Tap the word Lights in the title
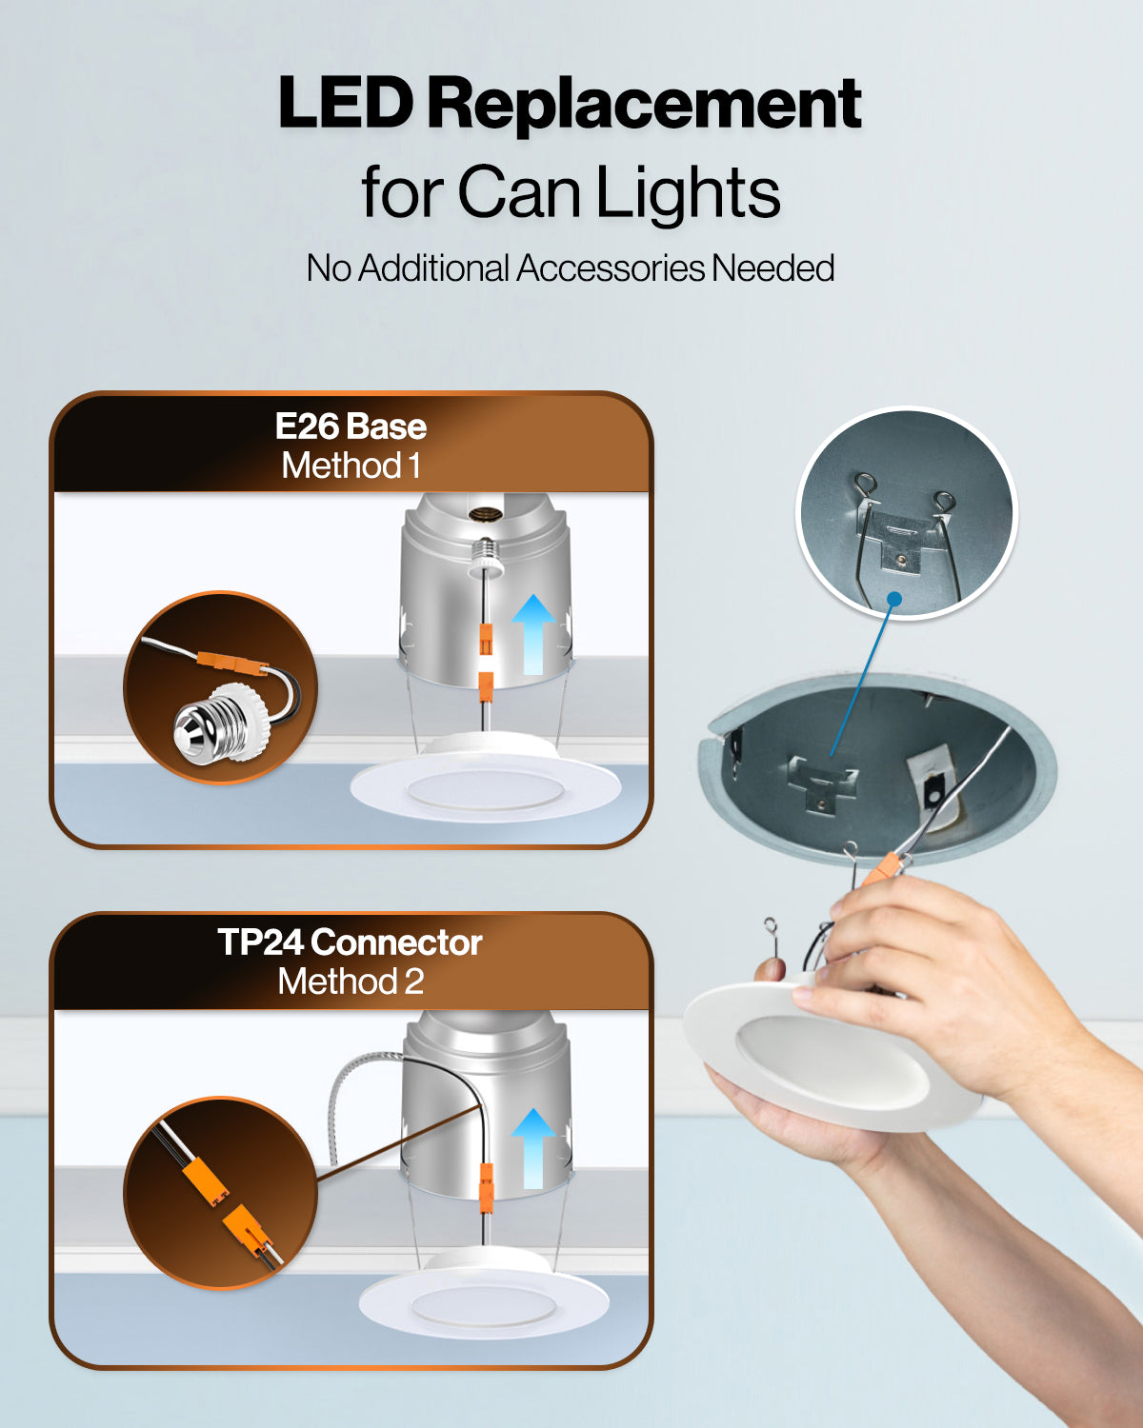(x=688, y=192)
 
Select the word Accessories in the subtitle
(x=611, y=268)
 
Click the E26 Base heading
(x=351, y=426)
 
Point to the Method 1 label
(x=351, y=466)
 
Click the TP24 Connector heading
(x=350, y=942)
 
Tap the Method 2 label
(x=350, y=982)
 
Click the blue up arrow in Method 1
(x=533, y=634)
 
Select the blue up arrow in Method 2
(x=533, y=1148)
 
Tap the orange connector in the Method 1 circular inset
(x=231, y=663)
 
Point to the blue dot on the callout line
(x=894, y=599)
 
